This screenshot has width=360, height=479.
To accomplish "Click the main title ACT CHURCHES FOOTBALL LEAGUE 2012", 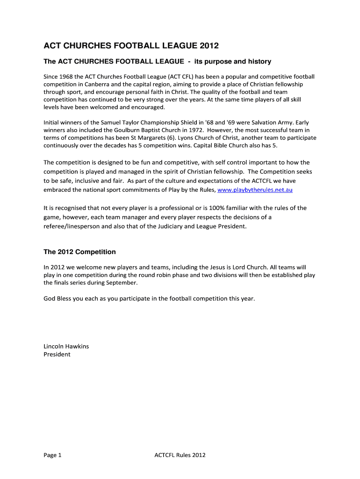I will pyautogui.click(x=131, y=46).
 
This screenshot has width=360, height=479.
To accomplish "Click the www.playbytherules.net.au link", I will pyautogui.click(x=255, y=190).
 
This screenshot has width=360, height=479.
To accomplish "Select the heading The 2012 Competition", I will pyautogui.click(x=79, y=252).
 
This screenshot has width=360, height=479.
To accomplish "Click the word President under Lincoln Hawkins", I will pyautogui.click(x=57, y=354).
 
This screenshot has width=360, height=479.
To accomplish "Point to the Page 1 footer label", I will pyautogui.click(x=52, y=455).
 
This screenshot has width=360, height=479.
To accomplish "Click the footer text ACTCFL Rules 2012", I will pyautogui.click(x=180, y=455).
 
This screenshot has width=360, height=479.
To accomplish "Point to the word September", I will pyautogui.click(x=122, y=283).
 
